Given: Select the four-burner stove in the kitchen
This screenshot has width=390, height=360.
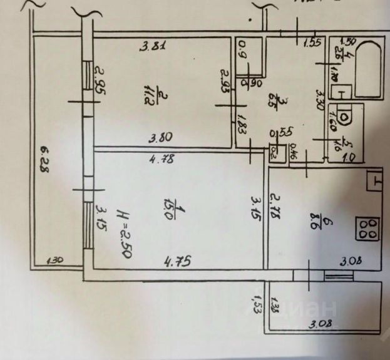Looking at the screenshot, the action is click(x=368, y=228).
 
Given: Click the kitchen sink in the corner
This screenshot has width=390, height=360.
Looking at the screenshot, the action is click(x=374, y=182).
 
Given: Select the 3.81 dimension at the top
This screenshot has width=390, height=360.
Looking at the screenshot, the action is click(x=150, y=45).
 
